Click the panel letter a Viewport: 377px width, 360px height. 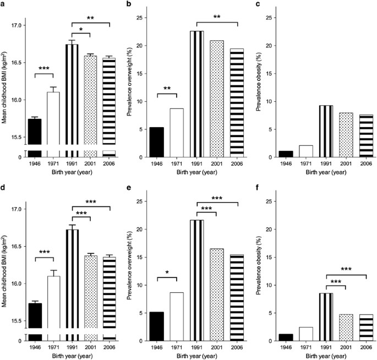(x=4, y=4)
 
